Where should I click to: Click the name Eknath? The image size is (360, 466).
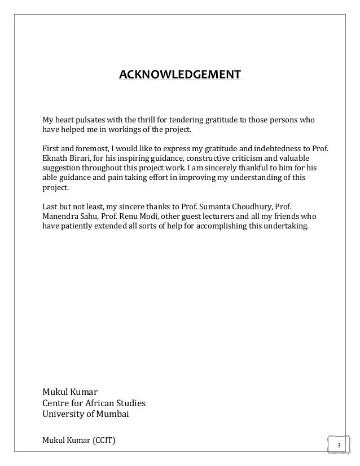tap(55, 159)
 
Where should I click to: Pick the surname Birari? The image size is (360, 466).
tap(82, 159)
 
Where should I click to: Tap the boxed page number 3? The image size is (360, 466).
tap(339, 446)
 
